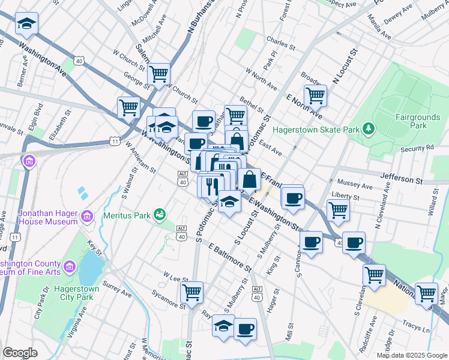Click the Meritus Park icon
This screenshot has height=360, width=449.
point(159,214)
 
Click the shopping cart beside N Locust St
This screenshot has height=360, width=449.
point(315,95)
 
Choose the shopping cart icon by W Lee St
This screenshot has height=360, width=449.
point(191,293)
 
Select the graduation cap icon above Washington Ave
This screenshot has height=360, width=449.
point(26,23)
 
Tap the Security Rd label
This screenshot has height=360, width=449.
point(417,148)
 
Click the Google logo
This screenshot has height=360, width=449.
point(20,353)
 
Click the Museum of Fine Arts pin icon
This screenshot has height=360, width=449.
point(69,265)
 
